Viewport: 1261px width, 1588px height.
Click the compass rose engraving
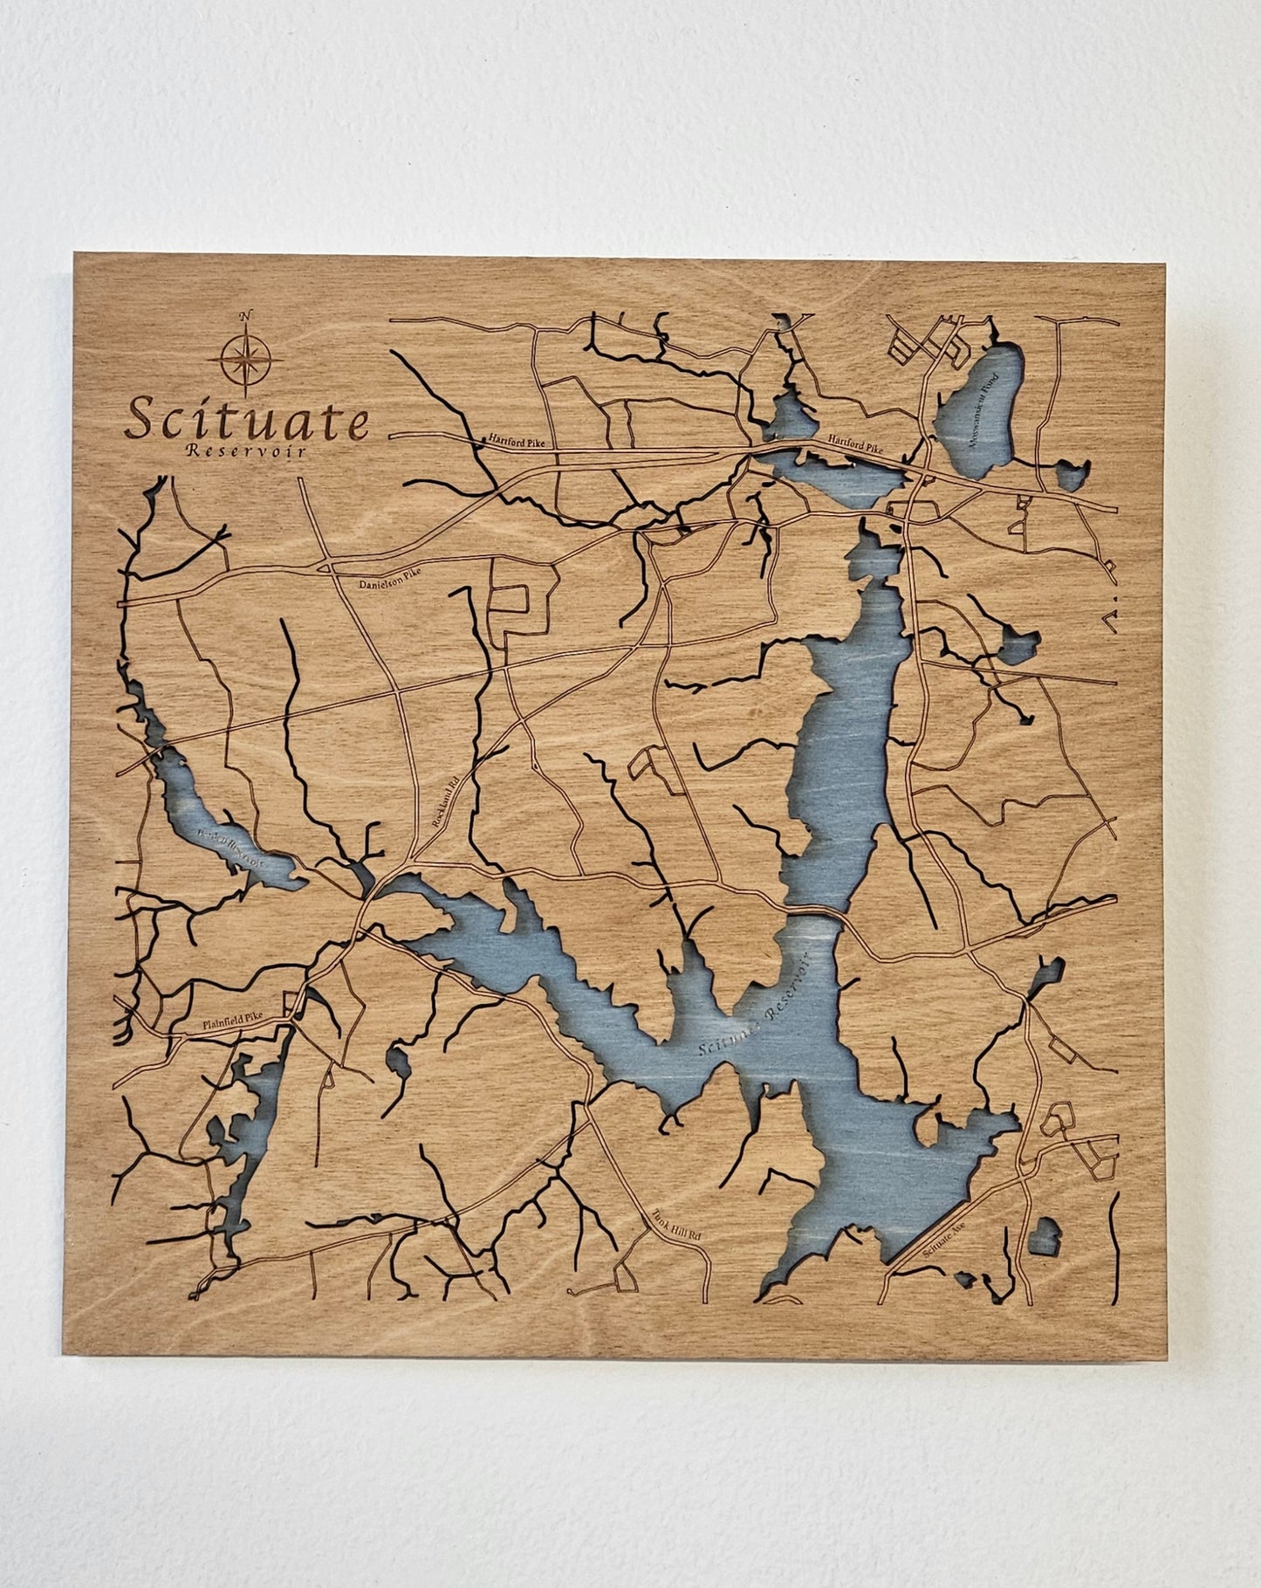tap(245, 360)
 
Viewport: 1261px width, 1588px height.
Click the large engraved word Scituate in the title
tap(247, 420)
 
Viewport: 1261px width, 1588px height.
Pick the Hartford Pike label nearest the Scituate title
tap(516, 442)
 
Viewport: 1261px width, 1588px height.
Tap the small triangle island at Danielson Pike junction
tap(326, 567)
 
